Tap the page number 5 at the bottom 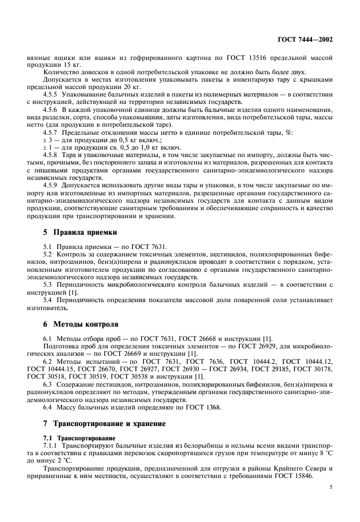click(x=330, y=488)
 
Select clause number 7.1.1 click(x=51, y=444)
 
